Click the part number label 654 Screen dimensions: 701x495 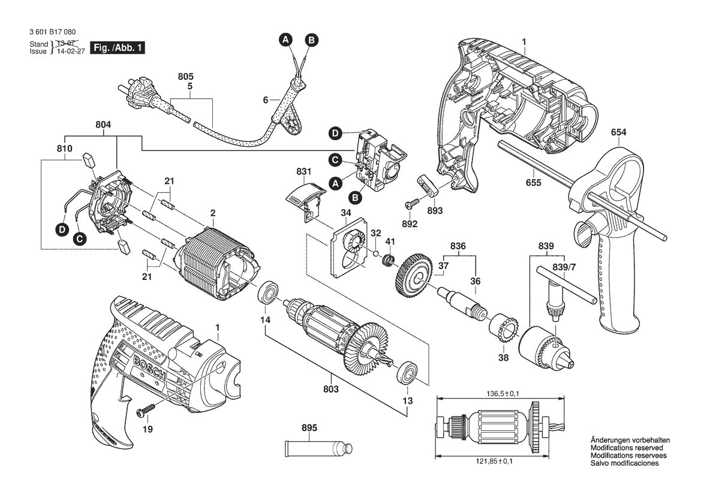point(618,132)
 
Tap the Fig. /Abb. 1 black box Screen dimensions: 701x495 point(118,47)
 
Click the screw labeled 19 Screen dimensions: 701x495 point(146,410)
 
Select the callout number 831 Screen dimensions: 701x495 point(304,171)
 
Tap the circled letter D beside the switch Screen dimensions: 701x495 point(335,133)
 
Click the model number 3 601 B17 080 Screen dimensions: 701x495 point(52,32)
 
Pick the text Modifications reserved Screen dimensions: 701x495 point(627,448)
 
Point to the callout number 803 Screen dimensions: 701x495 point(331,389)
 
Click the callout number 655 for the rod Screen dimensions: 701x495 point(533,183)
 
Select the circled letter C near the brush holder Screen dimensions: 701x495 point(80,239)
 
